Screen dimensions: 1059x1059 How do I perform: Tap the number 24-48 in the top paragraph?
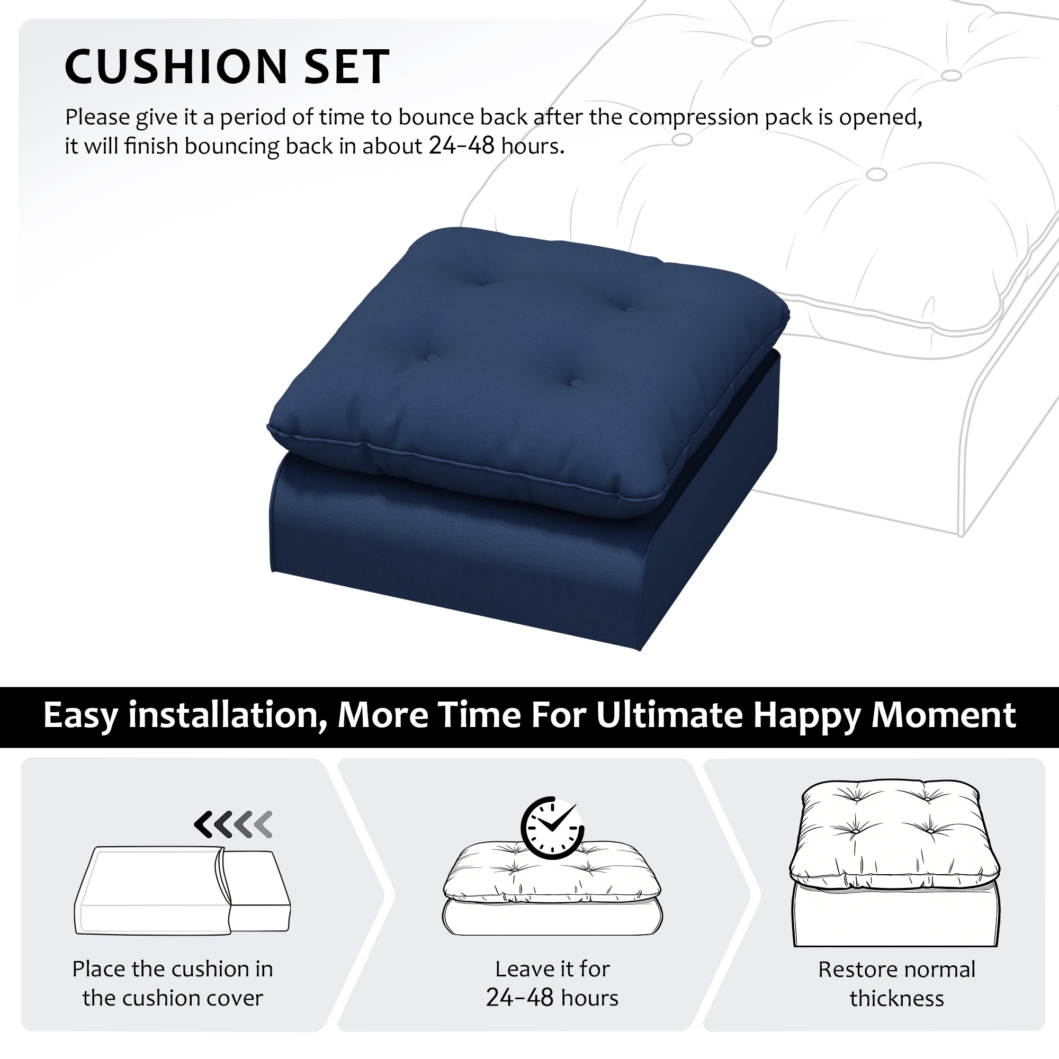(x=462, y=146)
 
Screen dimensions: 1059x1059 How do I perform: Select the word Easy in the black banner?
(x=80, y=716)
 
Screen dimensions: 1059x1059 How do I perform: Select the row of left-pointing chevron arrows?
(x=234, y=824)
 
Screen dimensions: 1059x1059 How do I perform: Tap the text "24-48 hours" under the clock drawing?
(x=552, y=998)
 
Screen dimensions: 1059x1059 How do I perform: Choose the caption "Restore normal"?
(x=897, y=970)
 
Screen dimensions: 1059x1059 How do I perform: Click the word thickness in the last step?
(x=897, y=999)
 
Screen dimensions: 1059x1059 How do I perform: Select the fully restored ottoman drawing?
(x=895, y=863)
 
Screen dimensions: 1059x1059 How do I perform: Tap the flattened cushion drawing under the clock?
(x=552, y=888)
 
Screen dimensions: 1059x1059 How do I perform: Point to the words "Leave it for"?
(x=552, y=969)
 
